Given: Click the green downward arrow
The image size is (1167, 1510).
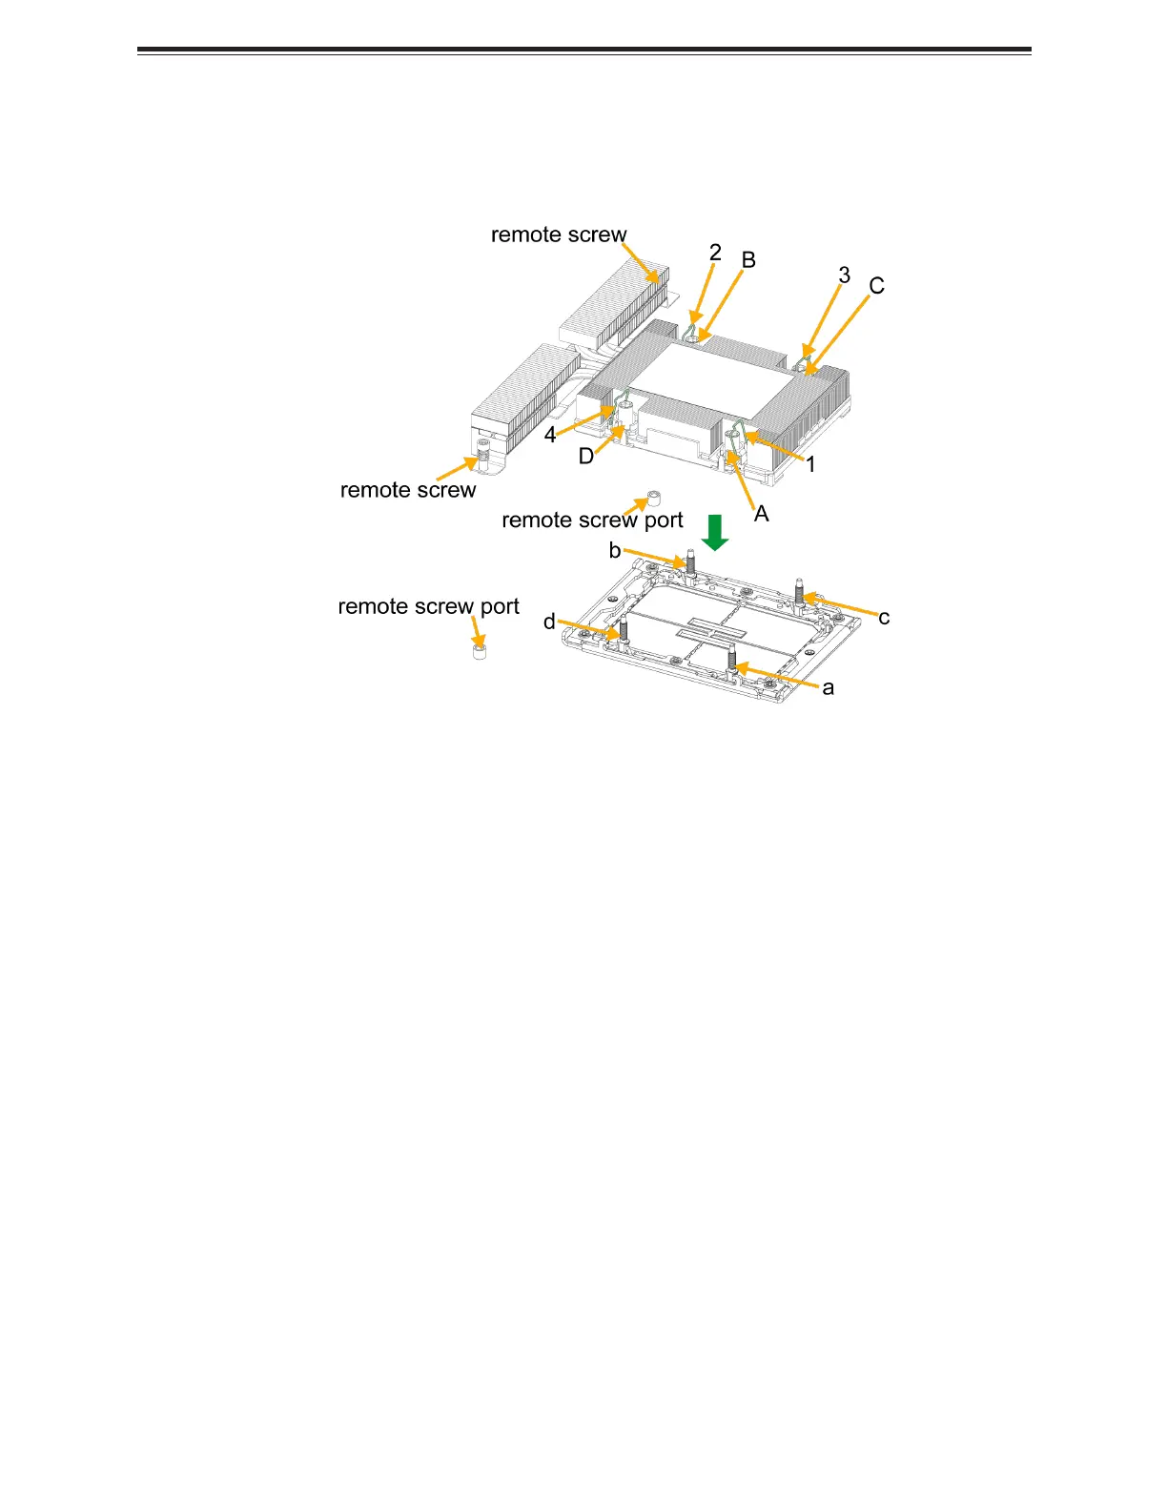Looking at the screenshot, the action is [715, 532].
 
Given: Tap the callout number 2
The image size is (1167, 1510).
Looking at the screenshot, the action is [715, 253].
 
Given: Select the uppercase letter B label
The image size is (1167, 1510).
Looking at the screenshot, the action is [748, 260].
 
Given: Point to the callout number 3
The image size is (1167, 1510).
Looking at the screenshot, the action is [844, 275].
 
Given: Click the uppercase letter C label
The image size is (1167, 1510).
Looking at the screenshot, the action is [876, 286].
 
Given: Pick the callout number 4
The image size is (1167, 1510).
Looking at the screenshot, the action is [550, 436].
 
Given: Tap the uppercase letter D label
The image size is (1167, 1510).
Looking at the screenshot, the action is [586, 457].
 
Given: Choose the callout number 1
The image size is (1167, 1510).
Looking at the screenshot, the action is [810, 465].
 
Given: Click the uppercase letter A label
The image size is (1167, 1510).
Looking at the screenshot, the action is [762, 514].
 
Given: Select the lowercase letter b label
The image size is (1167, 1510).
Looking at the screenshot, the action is [615, 550].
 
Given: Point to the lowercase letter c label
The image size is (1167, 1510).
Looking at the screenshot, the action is [884, 618].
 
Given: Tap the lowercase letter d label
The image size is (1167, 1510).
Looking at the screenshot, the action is [549, 622].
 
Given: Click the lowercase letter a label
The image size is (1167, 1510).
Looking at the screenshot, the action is [829, 687].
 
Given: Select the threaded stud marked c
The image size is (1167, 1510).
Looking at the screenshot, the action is [799, 591].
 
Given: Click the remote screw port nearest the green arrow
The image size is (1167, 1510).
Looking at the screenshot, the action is [654, 498].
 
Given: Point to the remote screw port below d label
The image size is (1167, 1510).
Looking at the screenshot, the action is [481, 653].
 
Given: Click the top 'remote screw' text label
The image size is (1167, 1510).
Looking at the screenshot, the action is [559, 235].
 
